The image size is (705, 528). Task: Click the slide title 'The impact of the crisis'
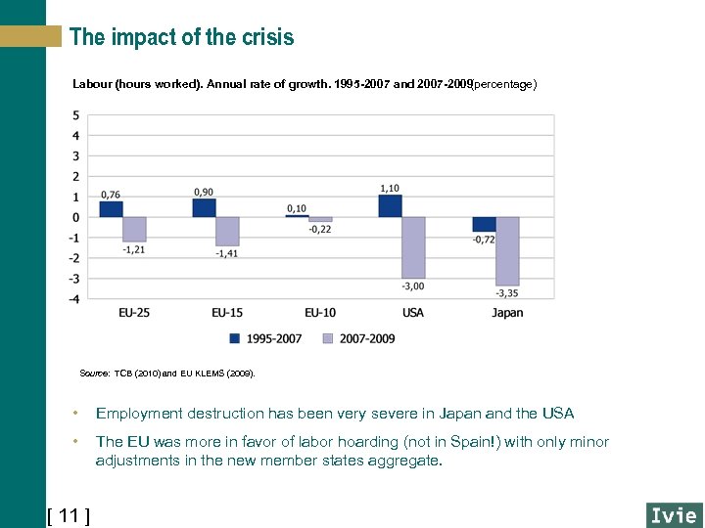[x=181, y=38]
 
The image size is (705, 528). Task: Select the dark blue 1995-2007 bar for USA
[x=390, y=206]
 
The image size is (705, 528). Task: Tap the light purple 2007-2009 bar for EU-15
[x=227, y=232]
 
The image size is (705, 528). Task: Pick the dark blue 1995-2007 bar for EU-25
[x=111, y=209]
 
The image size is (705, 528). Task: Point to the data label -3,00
[x=412, y=286]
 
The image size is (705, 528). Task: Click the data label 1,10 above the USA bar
[x=390, y=188]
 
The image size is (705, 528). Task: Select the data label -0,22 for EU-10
[x=320, y=230]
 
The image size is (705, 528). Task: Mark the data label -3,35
[x=506, y=293]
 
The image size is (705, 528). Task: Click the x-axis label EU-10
[x=320, y=313]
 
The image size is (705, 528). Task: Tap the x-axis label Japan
[x=507, y=313]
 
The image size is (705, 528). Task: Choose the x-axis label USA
[x=413, y=313]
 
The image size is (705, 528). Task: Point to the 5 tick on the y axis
[x=76, y=115]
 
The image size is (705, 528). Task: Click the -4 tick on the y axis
[x=74, y=298]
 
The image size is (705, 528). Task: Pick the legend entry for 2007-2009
[x=358, y=338]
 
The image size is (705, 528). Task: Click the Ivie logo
[x=673, y=515]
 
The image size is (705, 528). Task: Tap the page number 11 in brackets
[x=69, y=515]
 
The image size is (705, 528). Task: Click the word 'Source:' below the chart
[x=95, y=374]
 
